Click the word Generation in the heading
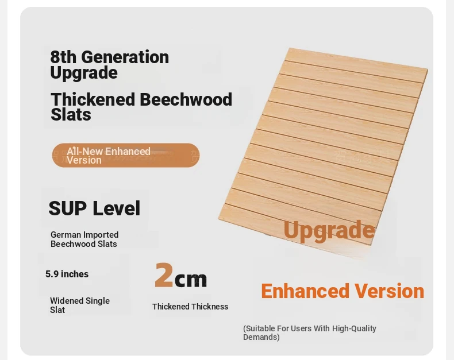[125, 57]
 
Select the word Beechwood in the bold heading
[186, 99]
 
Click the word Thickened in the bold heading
[93, 99]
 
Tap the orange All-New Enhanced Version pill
[126, 155]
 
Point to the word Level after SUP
[117, 208]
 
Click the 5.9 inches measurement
[67, 274]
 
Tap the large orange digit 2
[164, 275]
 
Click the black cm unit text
[191, 280]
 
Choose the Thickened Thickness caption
[190, 307]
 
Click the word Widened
[68, 301]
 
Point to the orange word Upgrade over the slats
[329, 230]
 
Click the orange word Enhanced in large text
[305, 291]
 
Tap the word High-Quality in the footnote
[354, 328]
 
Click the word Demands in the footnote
[260, 337]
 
